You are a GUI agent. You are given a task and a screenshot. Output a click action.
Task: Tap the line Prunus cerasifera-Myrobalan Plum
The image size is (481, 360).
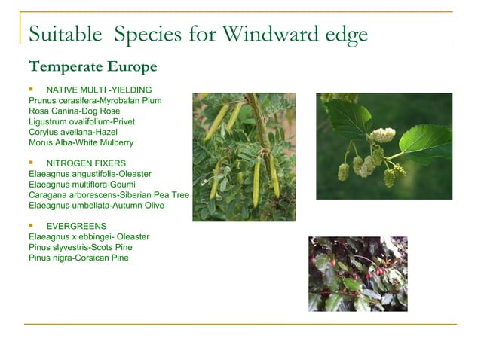pyautogui.click(x=94, y=100)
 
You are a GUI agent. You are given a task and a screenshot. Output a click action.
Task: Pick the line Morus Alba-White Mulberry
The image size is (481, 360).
pyautogui.click(x=81, y=142)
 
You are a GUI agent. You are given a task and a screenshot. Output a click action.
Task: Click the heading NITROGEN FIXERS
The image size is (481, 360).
pyautogui.click(x=85, y=163)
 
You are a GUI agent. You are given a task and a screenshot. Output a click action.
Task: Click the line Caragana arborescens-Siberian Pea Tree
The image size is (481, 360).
pyautogui.click(x=109, y=195)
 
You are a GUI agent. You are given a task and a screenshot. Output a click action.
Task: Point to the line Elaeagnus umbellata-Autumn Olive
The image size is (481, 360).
pyautogui.click(x=96, y=206)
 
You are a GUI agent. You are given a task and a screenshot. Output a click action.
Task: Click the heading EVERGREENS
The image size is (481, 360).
pyautogui.click(x=76, y=226)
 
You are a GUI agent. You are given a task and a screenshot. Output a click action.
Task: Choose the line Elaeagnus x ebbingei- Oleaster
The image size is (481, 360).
pyautogui.click(x=88, y=236)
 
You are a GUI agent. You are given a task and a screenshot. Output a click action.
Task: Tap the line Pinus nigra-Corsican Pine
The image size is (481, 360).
pyautogui.click(x=78, y=258)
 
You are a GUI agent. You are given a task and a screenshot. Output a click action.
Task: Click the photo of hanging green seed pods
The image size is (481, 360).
pyautogui.click(x=244, y=157)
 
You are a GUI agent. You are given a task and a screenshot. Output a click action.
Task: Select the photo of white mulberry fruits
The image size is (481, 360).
pyautogui.click(x=384, y=146)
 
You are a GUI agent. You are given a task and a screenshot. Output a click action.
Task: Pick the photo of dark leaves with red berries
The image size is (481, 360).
pyautogui.click(x=357, y=273)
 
